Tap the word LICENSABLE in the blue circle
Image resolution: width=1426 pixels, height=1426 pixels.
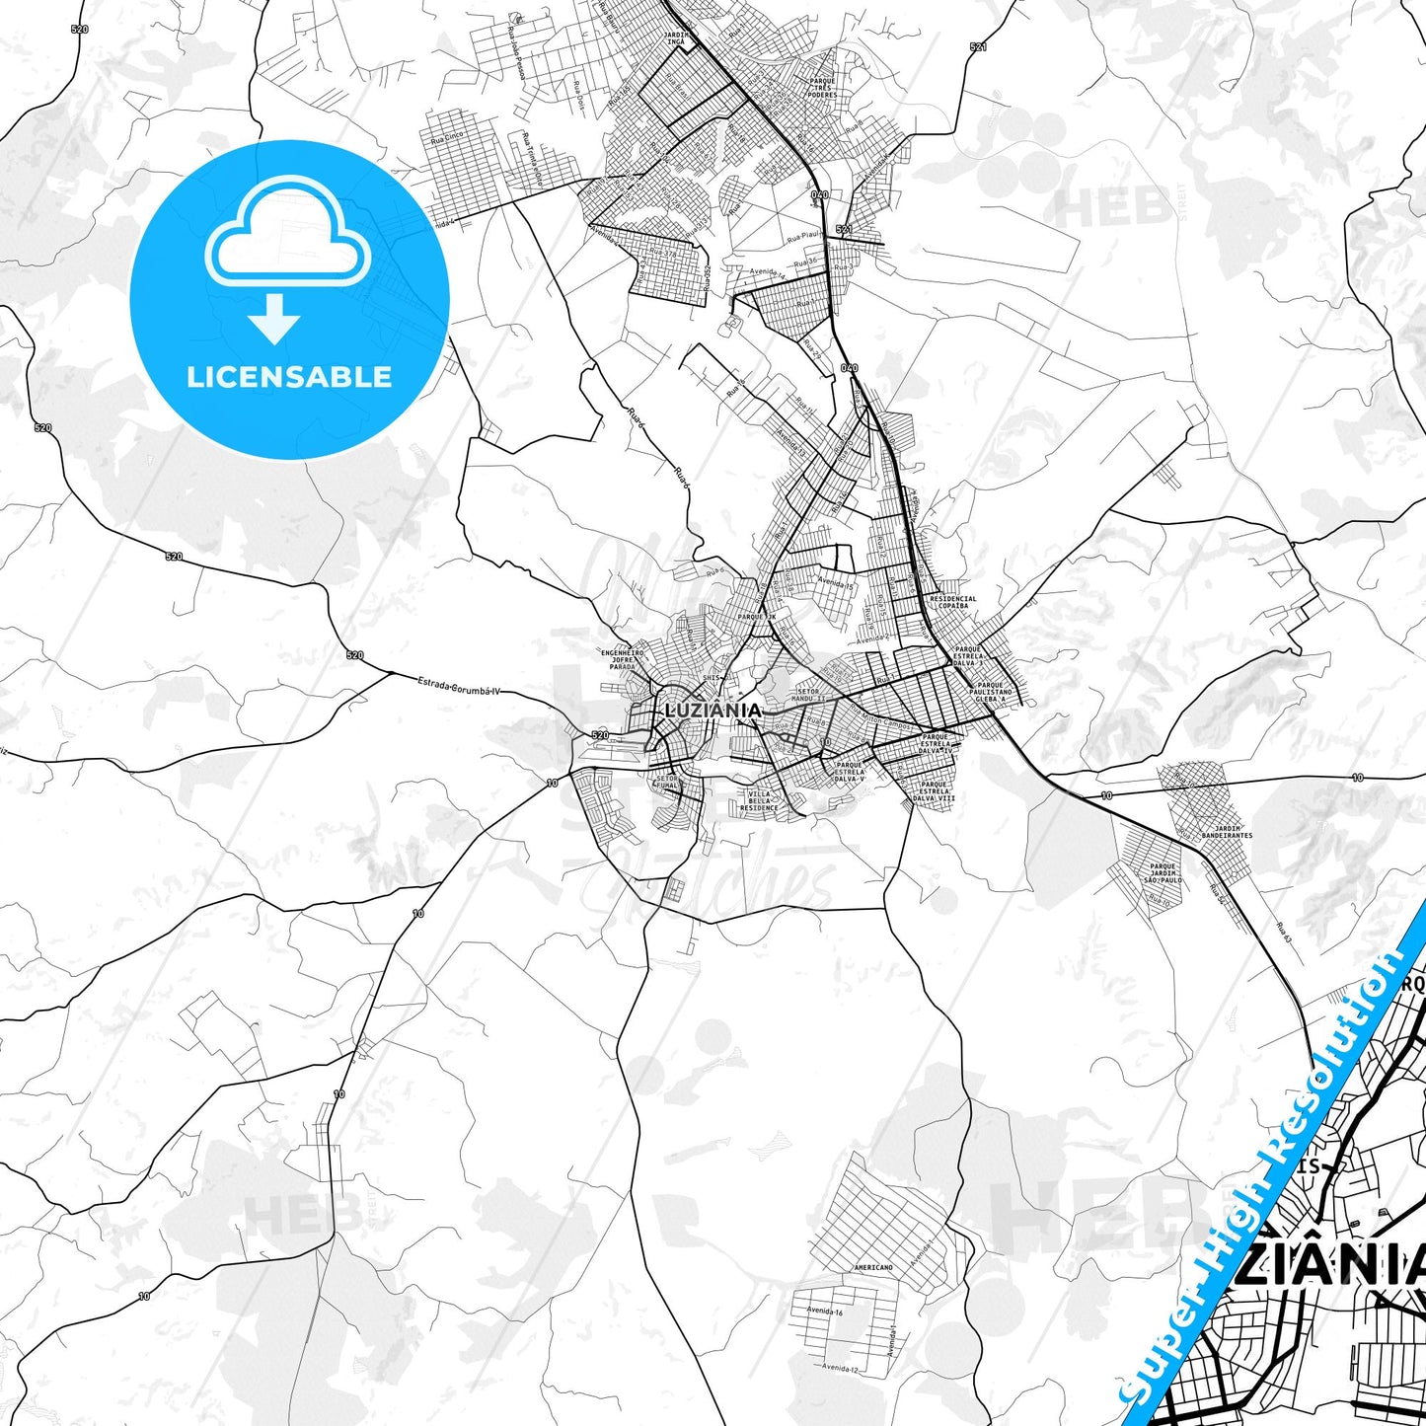tap(289, 377)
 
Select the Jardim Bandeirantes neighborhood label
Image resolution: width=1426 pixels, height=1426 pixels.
tap(1227, 832)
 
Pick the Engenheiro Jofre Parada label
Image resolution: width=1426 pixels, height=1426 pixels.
tap(623, 659)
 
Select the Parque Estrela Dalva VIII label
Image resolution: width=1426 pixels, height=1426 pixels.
tap(935, 787)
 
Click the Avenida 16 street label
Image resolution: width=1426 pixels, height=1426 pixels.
tap(824, 1312)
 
